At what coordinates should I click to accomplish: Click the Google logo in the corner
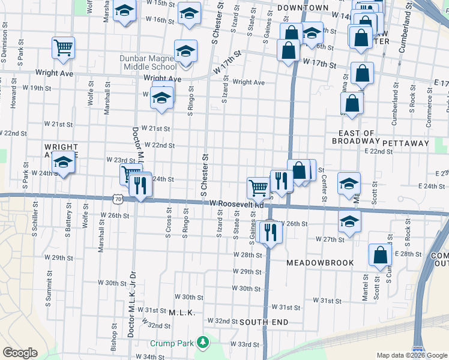click(20, 353)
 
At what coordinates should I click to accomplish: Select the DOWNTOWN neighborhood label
click(303, 8)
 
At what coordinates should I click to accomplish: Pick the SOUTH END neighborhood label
click(264, 322)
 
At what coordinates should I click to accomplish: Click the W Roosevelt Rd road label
click(237, 204)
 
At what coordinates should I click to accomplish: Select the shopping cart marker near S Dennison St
click(63, 48)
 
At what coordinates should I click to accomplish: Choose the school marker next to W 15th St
click(124, 12)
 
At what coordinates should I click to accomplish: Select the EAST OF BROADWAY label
click(356, 137)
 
